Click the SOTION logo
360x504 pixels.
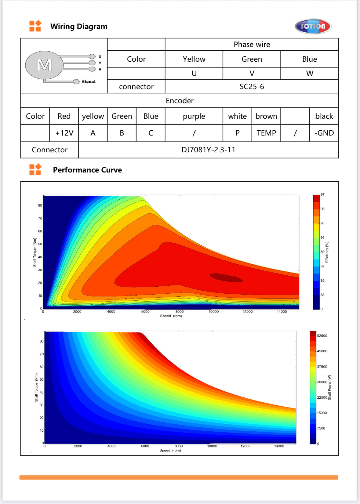[313, 26]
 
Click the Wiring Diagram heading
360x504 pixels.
[79, 27]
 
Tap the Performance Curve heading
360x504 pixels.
[87, 170]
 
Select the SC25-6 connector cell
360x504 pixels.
[252, 87]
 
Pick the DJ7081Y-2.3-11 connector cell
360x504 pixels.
[208, 150]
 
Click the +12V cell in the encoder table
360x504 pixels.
[64, 133]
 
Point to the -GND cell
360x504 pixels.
[324, 133]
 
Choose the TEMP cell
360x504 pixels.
[266, 133]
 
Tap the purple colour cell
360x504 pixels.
[194, 116]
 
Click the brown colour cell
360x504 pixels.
[266, 116]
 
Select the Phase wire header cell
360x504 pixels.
[252, 45]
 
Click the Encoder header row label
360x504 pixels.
[180, 101]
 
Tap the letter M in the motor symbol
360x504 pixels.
[45, 65]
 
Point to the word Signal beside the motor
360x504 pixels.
[89, 82]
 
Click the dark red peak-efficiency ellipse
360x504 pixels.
[226, 277]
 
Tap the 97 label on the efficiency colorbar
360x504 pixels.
[322, 194]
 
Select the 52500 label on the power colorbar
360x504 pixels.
[322, 335]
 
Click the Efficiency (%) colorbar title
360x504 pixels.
[327, 252]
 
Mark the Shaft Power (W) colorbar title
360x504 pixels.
[329, 387]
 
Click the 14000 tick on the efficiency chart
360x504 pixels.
[282, 312]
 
